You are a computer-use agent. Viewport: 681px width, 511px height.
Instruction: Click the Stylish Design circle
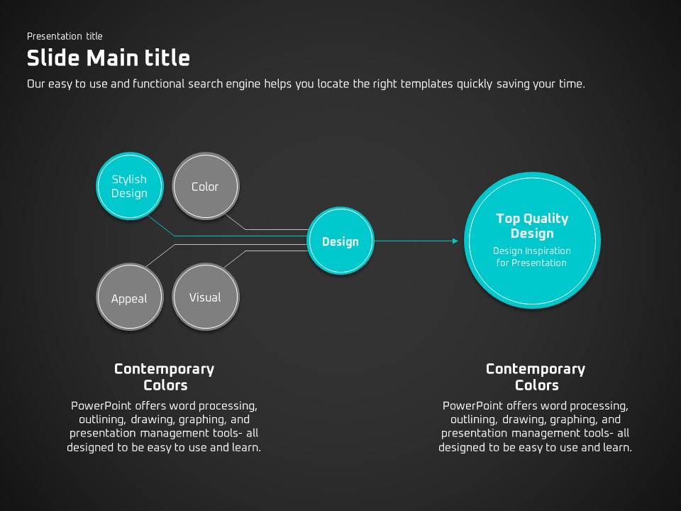pyautogui.click(x=129, y=186)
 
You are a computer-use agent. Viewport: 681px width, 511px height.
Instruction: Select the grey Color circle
pyautogui.click(x=206, y=187)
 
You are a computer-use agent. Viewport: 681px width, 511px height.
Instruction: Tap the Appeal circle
pyautogui.click(x=129, y=298)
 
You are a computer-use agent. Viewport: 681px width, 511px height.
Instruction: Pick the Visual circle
pyautogui.click(x=205, y=297)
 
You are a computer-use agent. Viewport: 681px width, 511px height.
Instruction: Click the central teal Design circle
pyautogui.click(x=340, y=241)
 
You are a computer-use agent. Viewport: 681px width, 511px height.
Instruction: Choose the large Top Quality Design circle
pyautogui.click(x=532, y=240)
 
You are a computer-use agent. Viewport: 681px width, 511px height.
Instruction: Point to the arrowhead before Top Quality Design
pyautogui.click(x=455, y=241)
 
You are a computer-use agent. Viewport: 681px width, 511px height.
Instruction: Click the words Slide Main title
pyautogui.click(x=108, y=57)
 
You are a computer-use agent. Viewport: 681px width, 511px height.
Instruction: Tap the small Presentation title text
pyautogui.click(x=65, y=36)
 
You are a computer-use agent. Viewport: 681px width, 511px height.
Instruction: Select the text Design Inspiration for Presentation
pyautogui.click(x=532, y=256)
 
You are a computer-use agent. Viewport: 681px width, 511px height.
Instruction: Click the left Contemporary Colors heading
pyautogui.click(x=164, y=377)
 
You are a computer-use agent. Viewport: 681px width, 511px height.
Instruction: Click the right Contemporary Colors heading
pyautogui.click(x=536, y=377)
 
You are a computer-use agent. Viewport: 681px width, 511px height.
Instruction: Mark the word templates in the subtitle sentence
pyautogui.click(x=426, y=84)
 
